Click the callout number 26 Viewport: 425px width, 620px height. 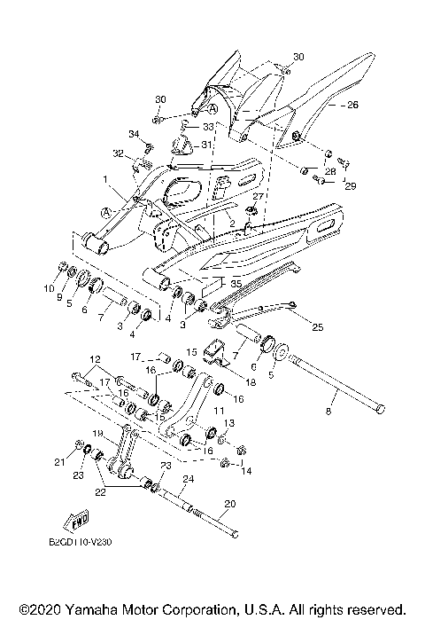(x=327, y=105)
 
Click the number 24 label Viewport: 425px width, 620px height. (x=187, y=479)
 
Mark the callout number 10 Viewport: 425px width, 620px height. (x=50, y=287)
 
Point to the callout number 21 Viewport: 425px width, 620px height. (x=59, y=462)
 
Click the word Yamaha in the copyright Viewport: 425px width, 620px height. (x=84, y=610)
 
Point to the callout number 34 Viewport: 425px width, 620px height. (x=134, y=133)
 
